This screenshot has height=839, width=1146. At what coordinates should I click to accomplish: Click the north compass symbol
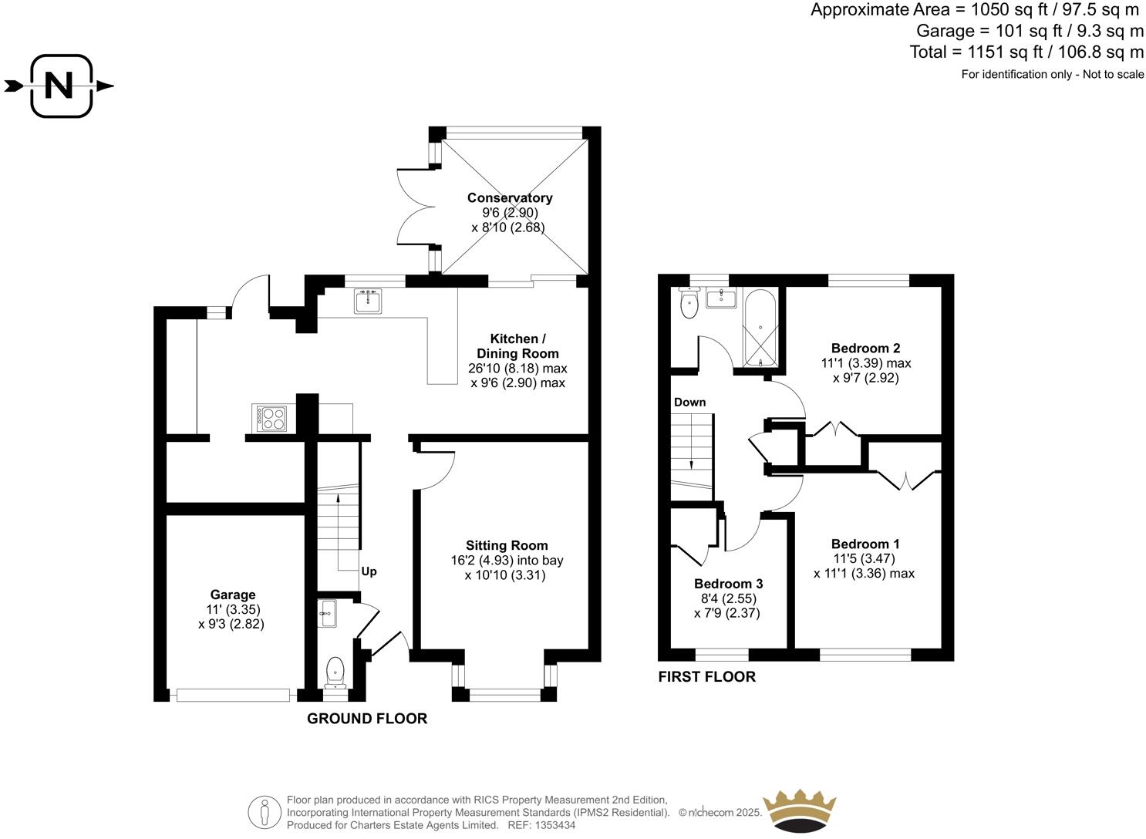coord(60,86)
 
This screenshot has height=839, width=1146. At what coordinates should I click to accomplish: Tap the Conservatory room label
coord(509,198)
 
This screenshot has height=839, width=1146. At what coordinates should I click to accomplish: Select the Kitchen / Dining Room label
coord(517,346)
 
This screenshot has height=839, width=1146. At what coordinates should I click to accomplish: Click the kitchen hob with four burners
coord(271,418)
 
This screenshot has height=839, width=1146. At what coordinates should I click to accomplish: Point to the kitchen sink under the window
coord(368,301)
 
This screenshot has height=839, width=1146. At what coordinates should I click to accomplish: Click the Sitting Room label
coord(507,545)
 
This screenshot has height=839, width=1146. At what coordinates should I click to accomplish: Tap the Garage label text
coord(232,595)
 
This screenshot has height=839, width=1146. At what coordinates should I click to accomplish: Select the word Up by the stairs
coord(369,571)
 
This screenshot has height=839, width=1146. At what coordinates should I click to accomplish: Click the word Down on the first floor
coord(689,402)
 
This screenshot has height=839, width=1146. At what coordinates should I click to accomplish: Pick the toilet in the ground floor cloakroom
coord(335,672)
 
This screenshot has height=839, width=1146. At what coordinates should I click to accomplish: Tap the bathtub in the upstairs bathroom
coord(760,328)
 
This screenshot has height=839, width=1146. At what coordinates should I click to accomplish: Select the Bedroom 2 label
coord(865,348)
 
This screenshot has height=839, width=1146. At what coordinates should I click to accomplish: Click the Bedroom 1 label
coord(865,544)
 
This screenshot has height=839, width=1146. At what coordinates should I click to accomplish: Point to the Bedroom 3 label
coord(728,584)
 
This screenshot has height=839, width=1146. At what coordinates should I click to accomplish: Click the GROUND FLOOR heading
coord(367,719)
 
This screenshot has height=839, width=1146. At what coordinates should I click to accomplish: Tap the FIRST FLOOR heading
coord(706,677)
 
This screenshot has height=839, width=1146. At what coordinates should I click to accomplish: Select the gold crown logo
coord(799,810)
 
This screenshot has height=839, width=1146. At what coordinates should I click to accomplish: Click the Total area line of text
coord(1026,52)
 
